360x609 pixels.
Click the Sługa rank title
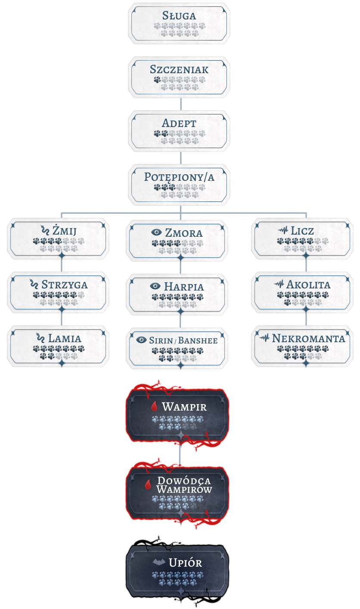click(179, 16)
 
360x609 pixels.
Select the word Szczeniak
click(179, 70)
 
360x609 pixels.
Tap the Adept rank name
click(179, 124)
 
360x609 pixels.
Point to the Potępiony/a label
click(179, 177)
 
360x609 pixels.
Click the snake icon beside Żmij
click(44, 231)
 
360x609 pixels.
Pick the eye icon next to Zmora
click(156, 233)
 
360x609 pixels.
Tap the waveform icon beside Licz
click(283, 231)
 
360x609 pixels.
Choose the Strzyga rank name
click(65, 284)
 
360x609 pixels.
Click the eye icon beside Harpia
click(155, 286)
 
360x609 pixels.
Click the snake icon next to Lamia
click(40, 338)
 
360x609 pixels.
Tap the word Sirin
click(161, 340)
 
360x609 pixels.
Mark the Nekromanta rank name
click(308, 338)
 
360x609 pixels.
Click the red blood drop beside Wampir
click(154, 407)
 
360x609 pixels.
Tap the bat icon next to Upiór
click(159, 563)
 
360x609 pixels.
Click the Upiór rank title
click(185, 563)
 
